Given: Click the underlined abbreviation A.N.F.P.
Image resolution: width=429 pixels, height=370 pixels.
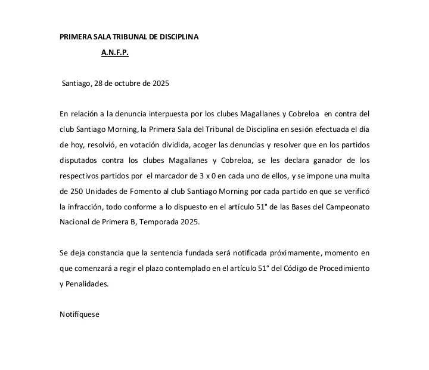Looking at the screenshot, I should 114,53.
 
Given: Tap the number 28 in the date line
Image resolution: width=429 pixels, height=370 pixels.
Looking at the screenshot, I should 100,84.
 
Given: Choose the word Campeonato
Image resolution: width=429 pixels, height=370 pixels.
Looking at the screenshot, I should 347,206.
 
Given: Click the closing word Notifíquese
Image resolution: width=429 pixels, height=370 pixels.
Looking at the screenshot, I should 80,314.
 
